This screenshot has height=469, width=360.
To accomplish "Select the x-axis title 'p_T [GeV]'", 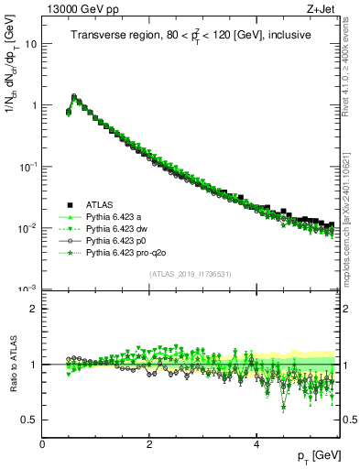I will point(317,455).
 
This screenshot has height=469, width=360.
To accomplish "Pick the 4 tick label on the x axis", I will point(256,443).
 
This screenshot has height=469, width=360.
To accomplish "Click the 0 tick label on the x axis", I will point(42,443).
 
